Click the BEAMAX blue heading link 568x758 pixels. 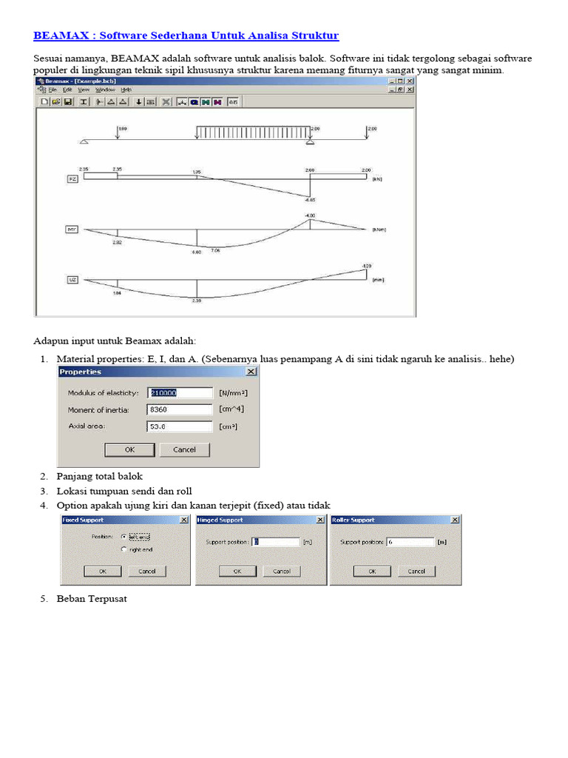coord(186,36)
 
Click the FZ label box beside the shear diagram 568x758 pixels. coord(72,178)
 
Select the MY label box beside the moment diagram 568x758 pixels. coord(72,229)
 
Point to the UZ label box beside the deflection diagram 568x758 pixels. coord(72,280)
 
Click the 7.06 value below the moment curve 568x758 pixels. coord(215,251)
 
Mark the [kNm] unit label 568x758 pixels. coord(378,229)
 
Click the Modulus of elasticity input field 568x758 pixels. coord(180,392)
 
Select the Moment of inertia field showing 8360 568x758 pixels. coord(180,409)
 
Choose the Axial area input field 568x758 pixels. coord(180,426)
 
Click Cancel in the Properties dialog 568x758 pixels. coord(184,449)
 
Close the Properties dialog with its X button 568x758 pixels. coord(251,372)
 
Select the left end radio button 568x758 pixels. coord(124,536)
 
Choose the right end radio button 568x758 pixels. coord(124,549)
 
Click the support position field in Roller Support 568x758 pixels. coord(410,542)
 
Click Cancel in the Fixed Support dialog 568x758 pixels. coord(146,571)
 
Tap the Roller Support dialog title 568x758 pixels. coord(354,520)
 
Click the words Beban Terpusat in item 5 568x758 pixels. coord(92,599)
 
